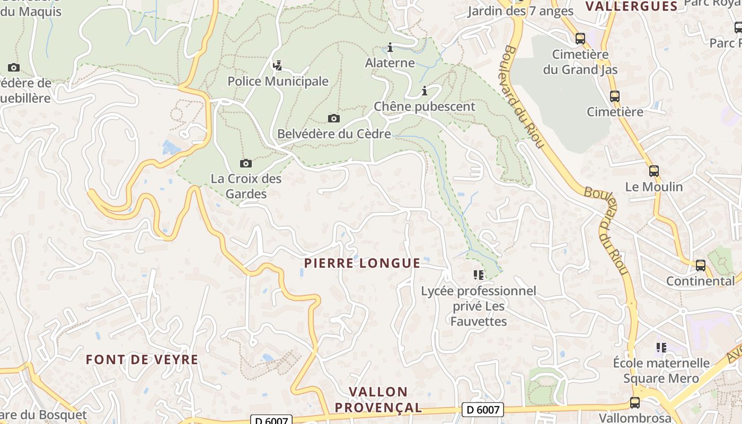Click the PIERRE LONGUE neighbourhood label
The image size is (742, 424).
(363, 263)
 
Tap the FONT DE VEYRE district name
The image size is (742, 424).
(142, 360)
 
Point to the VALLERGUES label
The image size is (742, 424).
(631, 6)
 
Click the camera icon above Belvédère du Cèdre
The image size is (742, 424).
(333, 118)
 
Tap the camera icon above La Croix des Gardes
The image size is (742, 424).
(245, 163)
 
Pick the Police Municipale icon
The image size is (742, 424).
(277, 65)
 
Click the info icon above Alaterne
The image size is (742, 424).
(390, 48)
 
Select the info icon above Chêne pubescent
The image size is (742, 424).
(424, 91)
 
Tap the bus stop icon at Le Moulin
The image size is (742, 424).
(653, 171)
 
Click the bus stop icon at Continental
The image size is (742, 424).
(700, 266)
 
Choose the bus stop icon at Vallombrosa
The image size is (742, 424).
(634, 402)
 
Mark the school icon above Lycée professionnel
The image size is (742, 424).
(479, 275)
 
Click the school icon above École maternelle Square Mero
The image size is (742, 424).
(661, 348)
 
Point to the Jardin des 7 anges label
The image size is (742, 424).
(520, 11)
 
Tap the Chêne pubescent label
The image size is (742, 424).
(425, 107)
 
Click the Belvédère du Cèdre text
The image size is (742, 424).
(334, 134)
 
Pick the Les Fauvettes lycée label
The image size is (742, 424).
(479, 306)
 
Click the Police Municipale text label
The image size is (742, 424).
(278, 82)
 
